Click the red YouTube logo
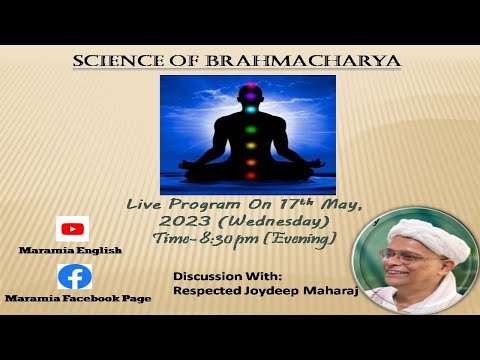pyautogui.click(x=72, y=229)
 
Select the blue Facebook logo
pyautogui.click(x=74, y=276)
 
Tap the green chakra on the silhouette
pyautogui.click(x=250, y=128)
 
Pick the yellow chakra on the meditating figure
pyautogui.click(x=250, y=145)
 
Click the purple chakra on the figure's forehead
pyautogui.click(x=250, y=94)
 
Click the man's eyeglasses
pyautogui.click(x=402, y=256)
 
